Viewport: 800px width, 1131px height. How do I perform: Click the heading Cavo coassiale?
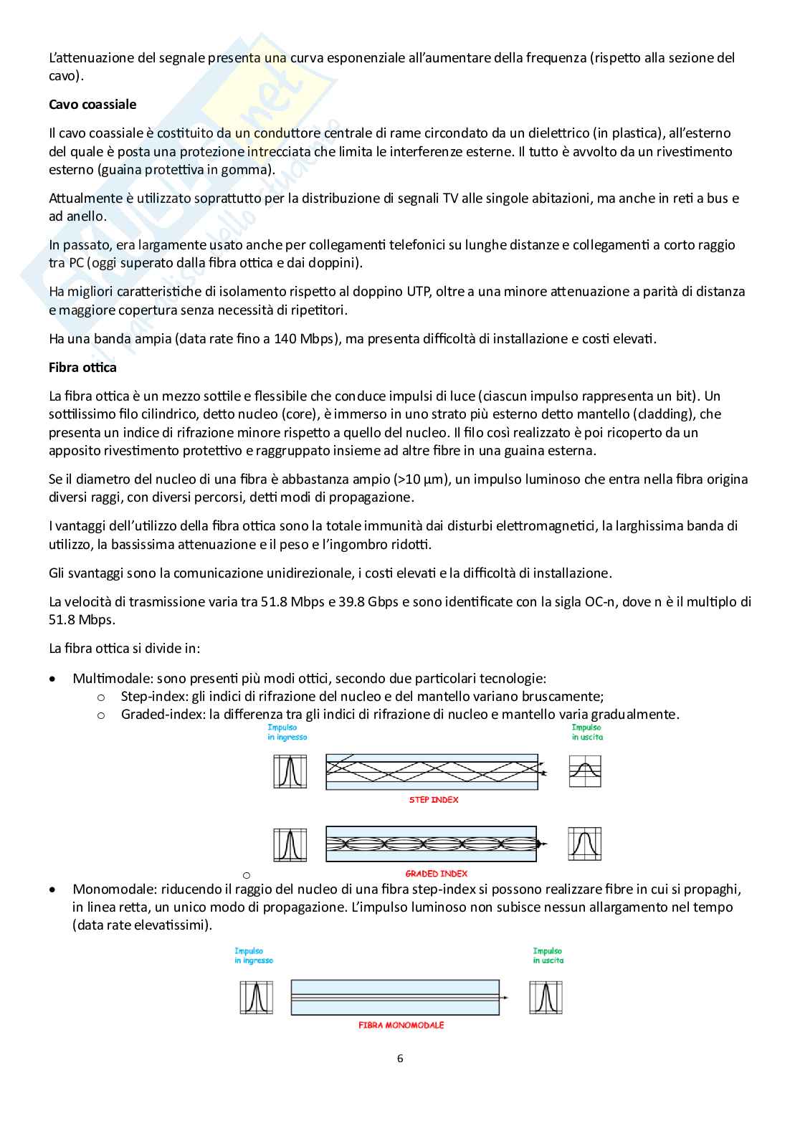(x=92, y=105)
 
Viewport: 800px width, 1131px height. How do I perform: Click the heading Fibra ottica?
(x=82, y=368)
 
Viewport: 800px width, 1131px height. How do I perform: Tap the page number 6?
(x=400, y=1059)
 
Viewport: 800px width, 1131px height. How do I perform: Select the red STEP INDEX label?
(x=434, y=800)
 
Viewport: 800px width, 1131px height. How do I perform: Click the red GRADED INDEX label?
(x=436, y=874)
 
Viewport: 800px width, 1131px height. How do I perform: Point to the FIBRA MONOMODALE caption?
(x=401, y=1026)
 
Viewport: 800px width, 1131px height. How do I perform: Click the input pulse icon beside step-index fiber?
(x=290, y=772)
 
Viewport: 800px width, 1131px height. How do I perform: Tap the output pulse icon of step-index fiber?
(x=585, y=772)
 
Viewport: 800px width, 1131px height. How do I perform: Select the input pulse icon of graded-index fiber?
(x=290, y=844)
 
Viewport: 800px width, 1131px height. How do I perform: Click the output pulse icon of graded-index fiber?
(x=585, y=844)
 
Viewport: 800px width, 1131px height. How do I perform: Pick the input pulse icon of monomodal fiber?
(x=256, y=997)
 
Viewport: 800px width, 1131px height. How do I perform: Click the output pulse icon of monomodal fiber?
(x=546, y=997)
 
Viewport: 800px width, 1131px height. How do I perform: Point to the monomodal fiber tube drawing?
(x=395, y=997)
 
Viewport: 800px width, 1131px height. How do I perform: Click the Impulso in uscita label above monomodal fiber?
(x=548, y=955)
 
